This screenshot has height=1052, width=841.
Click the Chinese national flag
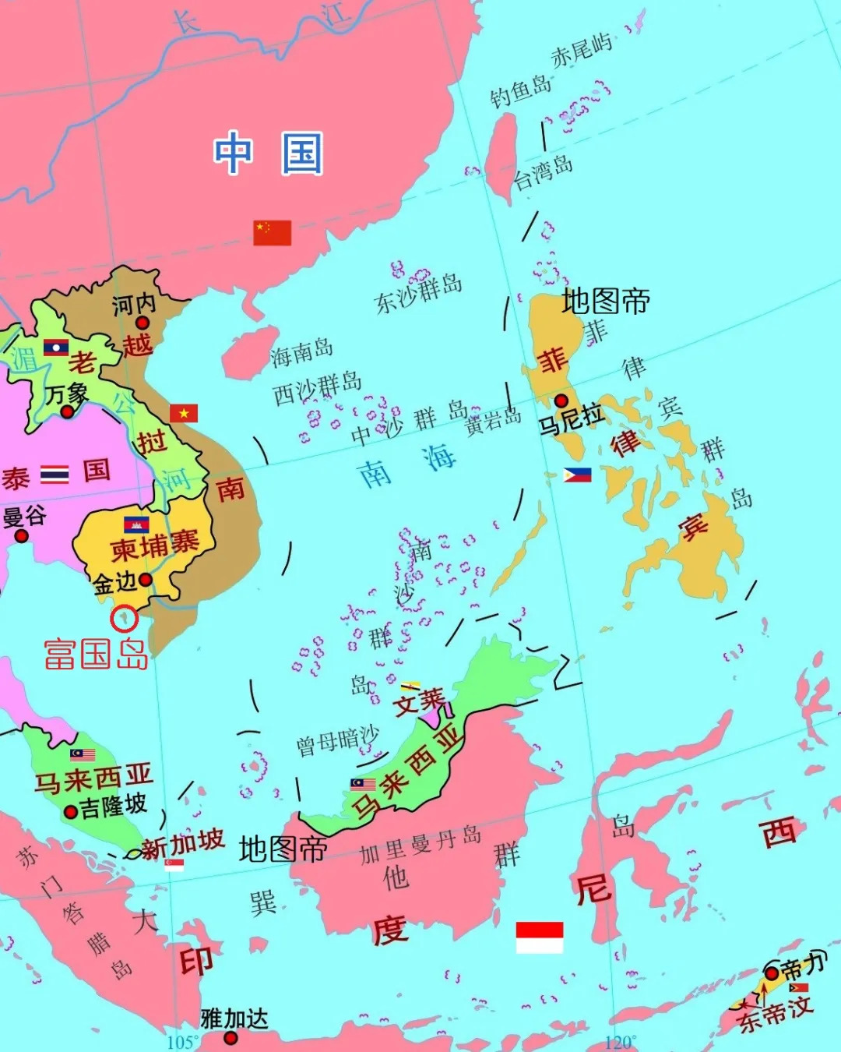click(272, 232)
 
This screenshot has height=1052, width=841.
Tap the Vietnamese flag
click(184, 413)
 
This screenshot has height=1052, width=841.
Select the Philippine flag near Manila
click(577, 475)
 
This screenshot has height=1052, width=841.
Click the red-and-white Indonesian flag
click(539, 937)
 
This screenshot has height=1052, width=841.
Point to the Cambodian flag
click(136, 524)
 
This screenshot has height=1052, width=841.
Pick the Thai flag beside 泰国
click(55, 474)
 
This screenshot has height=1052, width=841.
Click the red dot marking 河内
click(143, 323)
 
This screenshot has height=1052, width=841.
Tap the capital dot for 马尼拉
click(561, 401)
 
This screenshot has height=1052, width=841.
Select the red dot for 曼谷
click(21, 535)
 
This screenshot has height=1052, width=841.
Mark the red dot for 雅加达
click(230, 1037)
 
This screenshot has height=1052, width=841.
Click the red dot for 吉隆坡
click(70, 811)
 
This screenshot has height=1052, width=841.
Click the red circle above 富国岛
click(124, 619)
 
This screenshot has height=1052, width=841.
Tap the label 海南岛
click(301, 352)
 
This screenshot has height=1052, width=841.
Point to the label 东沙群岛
click(418, 293)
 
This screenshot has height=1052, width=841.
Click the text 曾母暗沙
click(337, 741)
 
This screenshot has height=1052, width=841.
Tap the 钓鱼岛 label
click(520, 92)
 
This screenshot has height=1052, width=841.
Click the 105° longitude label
click(182, 1043)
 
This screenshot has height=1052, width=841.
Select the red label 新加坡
click(182, 844)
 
